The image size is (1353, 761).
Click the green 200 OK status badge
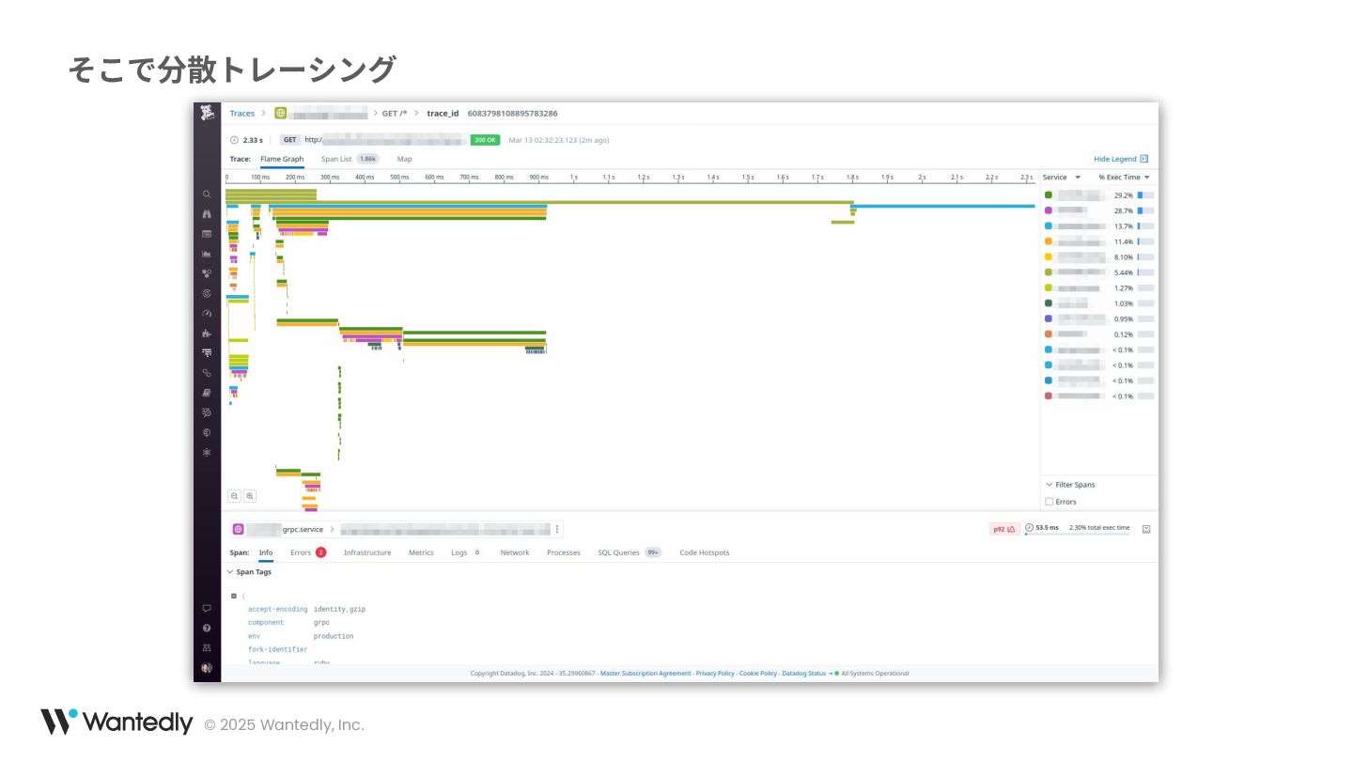pos(485,140)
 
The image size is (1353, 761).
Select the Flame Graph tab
pos(282,159)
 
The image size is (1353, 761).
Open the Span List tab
pos(336,159)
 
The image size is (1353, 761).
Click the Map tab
pos(404,159)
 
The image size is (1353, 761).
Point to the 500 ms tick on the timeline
pos(399,177)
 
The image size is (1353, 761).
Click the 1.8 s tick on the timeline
pos(851,177)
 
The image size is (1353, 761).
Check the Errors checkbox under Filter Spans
pos(1050,502)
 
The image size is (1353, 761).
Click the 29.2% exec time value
pos(1124,195)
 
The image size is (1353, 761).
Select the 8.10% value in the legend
pos(1124,256)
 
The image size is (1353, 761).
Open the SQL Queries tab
pos(618,552)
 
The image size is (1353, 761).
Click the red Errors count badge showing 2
pos(320,552)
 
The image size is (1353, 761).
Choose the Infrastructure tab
pos(367,552)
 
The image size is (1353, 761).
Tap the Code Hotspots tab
pos(705,552)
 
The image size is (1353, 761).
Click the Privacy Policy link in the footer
pos(715,673)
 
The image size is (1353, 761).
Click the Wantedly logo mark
pos(58,722)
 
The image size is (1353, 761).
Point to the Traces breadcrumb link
pos(242,114)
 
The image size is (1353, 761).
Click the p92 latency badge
pos(1003,529)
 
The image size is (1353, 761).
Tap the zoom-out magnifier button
pos(235,496)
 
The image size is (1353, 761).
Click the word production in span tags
pos(334,636)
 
